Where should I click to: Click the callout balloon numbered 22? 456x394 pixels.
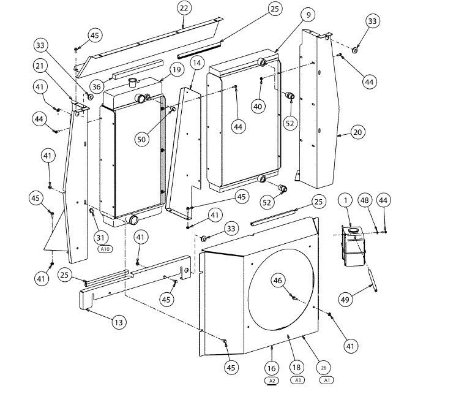tap(184, 8)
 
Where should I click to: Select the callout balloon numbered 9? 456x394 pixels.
tap(308, 15)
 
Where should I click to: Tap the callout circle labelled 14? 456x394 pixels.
tap(197, 63)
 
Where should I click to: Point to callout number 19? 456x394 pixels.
tap(176, 70)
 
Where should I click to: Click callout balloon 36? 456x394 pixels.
tap(96, 86)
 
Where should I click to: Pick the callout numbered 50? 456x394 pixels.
tap(141, 139)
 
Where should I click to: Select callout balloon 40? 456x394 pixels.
tap(258, 107)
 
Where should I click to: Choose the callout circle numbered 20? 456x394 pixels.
tap(357, 132)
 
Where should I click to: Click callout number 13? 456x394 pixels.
tap(119, 322)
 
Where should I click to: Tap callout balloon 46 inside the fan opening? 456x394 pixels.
tap(278, 280)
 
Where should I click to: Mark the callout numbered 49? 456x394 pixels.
tap(345, 299)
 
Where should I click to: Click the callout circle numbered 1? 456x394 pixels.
tap(345, 200)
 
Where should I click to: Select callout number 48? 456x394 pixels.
tap(364, 200)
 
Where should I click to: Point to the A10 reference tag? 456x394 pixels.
tap(105, 249)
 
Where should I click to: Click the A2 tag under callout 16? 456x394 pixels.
tap(272, 381)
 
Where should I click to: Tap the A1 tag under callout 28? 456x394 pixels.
tap(327, 380)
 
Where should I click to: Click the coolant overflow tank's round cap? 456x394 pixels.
tap(354, 230)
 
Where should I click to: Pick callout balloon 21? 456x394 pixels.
tap(40, 66)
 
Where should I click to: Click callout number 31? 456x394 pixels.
tap(100, 238)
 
